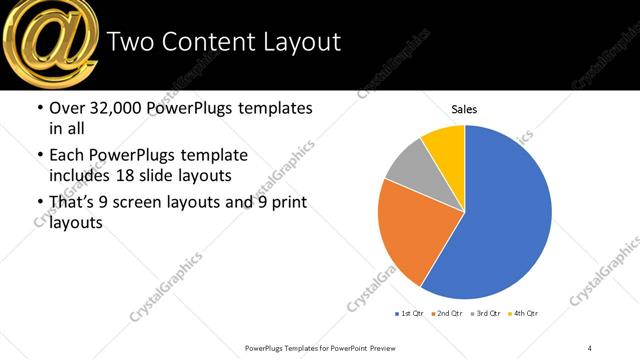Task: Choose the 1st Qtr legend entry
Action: click(408, 314)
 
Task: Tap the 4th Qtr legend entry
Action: click(524, 314)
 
